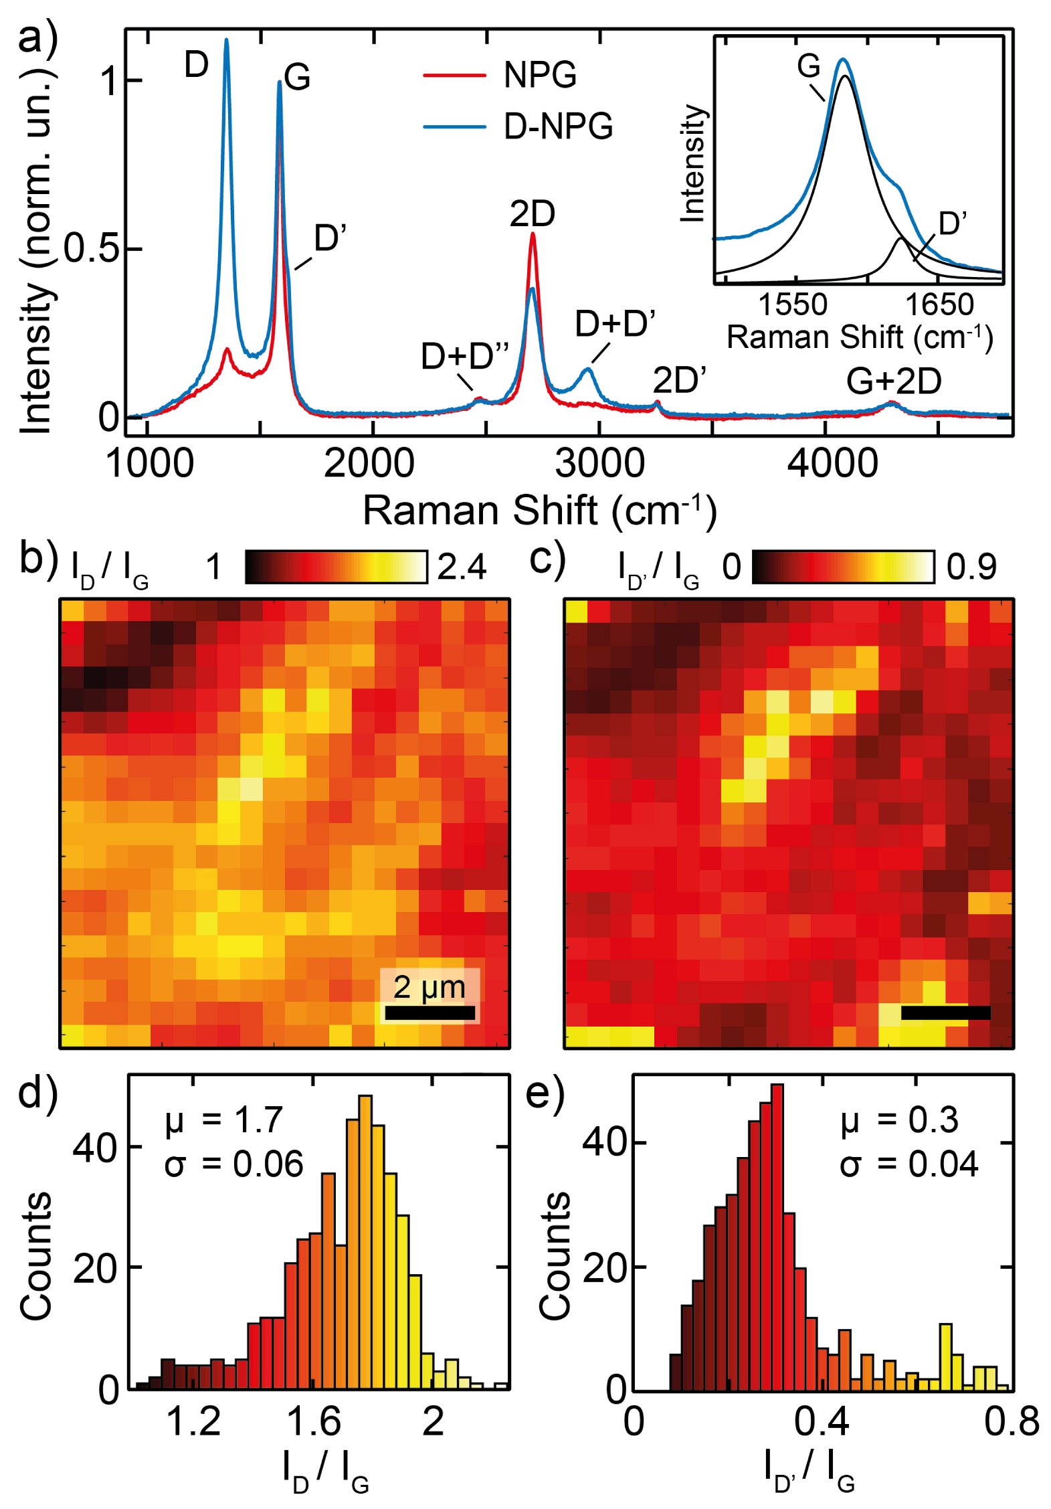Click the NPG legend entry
tap(539, 74)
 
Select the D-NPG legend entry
tap(557, 126)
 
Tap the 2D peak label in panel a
tap(532, 214)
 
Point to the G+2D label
tap(892, 381)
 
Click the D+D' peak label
tap(614, 323)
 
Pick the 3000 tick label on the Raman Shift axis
tap(599, 464)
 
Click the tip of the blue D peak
tap(226, 40)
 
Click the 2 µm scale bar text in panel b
tap(429, 987)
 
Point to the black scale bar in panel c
tap(945, 1012)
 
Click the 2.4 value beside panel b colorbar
tap(462, 567)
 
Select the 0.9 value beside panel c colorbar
tap(971, 567)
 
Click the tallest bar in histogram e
tap(777, 1235)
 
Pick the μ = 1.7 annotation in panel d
tap(224, 1120)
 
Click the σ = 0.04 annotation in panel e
tap(908, 1164)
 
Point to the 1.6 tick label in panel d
tap(313, 1421)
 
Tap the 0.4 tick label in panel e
tap(821, 1421)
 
